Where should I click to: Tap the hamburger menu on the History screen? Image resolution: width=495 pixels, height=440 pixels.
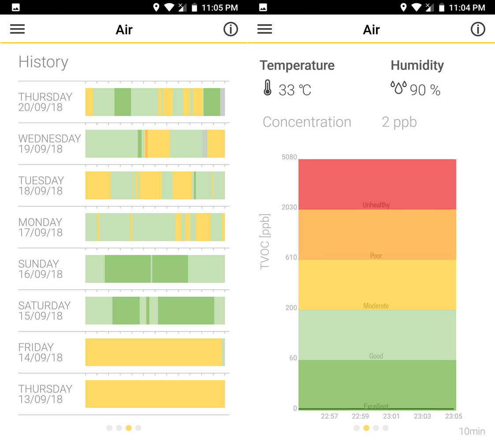[18, 29]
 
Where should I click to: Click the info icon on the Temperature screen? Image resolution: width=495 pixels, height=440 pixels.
[478, 29]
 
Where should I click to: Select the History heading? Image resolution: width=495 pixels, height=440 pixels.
[43, 62]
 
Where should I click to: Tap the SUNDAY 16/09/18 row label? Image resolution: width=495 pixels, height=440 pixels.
[40, 269]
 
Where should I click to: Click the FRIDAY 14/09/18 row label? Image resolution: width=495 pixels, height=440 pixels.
[40, 352]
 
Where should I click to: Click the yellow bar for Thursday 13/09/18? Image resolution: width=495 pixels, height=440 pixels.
[155, 394]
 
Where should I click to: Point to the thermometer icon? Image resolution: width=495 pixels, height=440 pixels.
[268, 88]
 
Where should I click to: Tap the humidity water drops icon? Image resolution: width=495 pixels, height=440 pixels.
[398, 88]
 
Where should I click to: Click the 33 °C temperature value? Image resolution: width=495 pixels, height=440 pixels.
[295, 90]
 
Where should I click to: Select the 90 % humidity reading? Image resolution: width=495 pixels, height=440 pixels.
[425, 90]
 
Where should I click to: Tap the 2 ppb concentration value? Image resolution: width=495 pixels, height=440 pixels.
[399, 122]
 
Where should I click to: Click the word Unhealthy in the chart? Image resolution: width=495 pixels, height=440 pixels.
[376, 205]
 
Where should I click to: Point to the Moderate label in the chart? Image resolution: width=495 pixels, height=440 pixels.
[376, 306]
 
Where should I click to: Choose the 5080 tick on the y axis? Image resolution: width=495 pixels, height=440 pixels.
[289, 157]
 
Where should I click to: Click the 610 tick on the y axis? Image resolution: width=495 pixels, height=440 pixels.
[291, 257]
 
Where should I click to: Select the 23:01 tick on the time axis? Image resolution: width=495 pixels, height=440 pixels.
[391, 416]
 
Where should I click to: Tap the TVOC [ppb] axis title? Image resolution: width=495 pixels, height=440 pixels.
[264, 242]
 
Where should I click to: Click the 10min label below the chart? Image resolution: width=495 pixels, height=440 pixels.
[472, 431]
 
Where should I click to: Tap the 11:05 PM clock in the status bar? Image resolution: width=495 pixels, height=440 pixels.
[220, 7]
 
